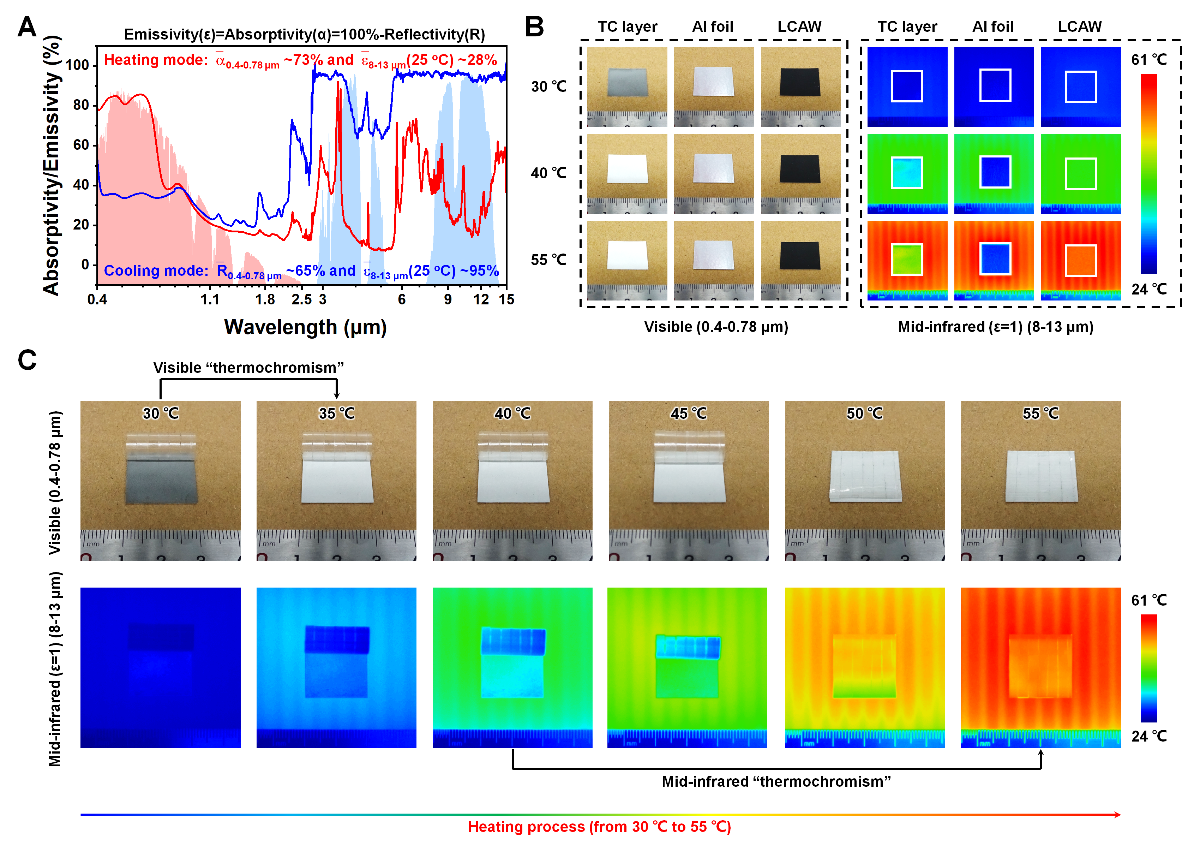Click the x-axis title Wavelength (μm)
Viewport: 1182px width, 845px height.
[305, 327]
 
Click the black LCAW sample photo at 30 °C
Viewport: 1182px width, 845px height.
[800, 82]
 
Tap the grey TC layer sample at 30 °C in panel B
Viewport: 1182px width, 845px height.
[627, 83]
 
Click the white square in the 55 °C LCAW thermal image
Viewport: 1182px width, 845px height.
[1081, 260]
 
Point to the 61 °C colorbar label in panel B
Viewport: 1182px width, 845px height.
[1149, 60]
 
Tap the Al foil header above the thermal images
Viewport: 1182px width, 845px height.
[993, 26]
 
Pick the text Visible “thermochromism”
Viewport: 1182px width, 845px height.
[248, 368]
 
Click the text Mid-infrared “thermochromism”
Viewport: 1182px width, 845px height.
[776, 781]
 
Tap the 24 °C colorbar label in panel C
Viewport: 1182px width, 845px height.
[1149, 736]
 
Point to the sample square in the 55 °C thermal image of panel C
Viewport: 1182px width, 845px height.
[1040, 666]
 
